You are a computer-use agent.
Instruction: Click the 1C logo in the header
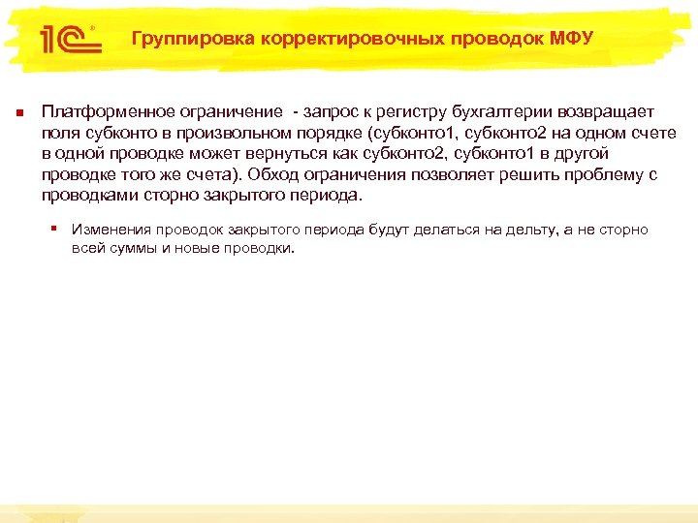pos(66,39)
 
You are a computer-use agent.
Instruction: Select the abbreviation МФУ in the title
pos(571,39)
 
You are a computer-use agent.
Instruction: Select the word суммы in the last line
pos(126,247)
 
